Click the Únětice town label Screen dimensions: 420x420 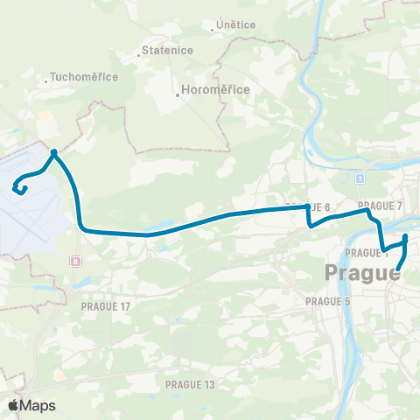click(x=235, y=24)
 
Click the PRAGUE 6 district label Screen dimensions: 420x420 click(x=307, y=207)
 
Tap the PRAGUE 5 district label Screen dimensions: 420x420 click(x=328, y=300)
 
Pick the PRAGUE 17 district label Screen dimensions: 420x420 click(x=105, y=306)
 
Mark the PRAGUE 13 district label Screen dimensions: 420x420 click(x=190, y=383)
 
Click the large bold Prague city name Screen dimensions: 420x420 click(x=362, y=273)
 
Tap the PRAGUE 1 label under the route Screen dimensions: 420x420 click(x=367, y=253)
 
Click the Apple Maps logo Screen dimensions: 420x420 click(x=31, y=404)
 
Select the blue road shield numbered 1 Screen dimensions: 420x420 click(x=360, y=178)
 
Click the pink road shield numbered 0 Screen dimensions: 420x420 click(x=76, y=261)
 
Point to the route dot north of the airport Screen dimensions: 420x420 click(x=54, y=151)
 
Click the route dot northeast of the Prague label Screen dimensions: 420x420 click(x=405, y=237)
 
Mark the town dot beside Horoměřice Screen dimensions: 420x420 click(x=178, y=95)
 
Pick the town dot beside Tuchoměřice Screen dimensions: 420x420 click(x=46, y=83)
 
